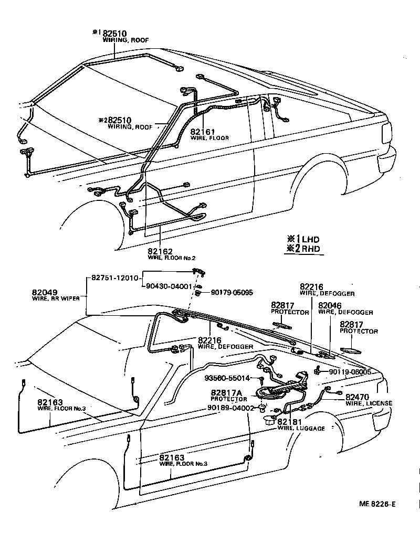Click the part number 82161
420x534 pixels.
pos(201,132)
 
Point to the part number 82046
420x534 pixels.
pos(330,305)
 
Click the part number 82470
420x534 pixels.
pos(356,397)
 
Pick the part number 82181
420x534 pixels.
pos(290,422)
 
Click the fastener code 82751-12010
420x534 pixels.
pos(115,278)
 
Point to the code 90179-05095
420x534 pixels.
pos(232,292)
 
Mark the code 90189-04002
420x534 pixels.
pos(230,408)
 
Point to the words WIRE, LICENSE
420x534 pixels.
pos(369,403)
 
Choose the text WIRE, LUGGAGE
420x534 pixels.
pos(301,429)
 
